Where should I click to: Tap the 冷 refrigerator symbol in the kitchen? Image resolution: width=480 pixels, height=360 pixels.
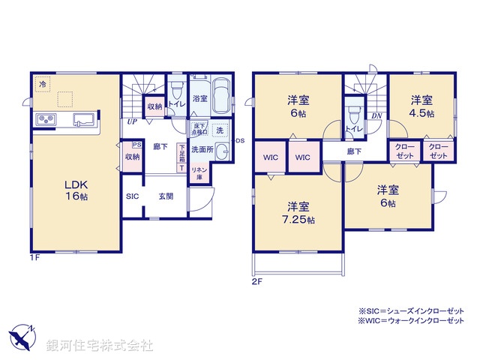tap(43, 84)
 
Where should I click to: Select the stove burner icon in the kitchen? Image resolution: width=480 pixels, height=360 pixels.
tap(44, 120)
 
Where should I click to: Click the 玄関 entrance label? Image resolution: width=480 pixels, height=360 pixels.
tap(166, 196)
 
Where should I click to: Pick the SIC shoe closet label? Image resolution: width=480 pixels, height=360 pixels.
tap(133, 196)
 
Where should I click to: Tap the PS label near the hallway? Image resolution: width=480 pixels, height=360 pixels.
tap(136, 145)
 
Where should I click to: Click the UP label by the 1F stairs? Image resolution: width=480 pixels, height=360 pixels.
tap(131, 121)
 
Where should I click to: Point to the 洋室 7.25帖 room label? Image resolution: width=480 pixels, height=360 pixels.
tap(298, 213)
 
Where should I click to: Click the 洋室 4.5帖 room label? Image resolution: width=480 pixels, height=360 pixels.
tap(421, 105)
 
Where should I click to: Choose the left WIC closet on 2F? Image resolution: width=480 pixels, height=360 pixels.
tap(271, 158)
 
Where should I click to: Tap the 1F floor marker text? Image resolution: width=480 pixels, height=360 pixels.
tap(34, 258)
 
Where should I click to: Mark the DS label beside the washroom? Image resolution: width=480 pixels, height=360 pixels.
tap(241, 141)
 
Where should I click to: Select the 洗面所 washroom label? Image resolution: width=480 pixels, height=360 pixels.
tap(202, 150)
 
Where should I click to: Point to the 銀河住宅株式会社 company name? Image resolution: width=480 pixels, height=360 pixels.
tap(100, 346)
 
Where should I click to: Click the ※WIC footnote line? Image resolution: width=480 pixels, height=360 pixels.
tap(412, 321)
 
